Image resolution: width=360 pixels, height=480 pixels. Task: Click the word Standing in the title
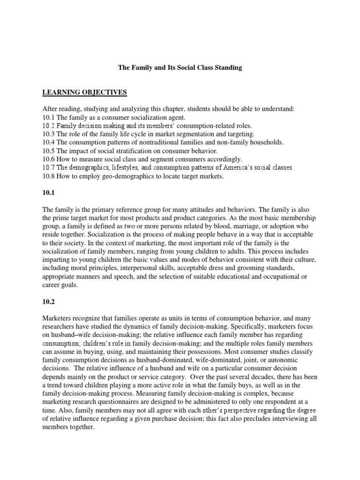(227, 67)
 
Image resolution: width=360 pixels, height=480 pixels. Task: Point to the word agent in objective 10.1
(176, 117)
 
